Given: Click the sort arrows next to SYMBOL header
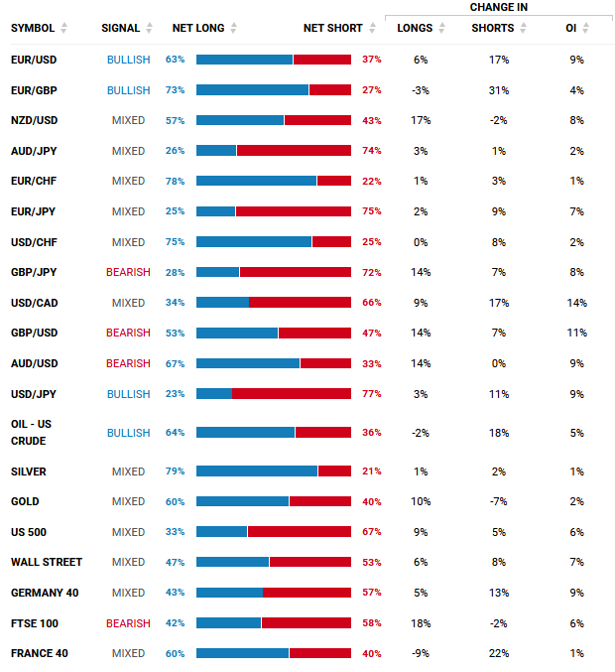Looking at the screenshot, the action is click(x=63, y=28).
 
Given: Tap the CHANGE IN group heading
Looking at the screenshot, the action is click(x=499, y=7).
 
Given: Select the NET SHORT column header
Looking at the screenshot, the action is click(x=332, y=28).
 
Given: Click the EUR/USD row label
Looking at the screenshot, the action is click(x=34, y=60).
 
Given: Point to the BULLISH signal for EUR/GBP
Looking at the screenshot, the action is click(x=129, y=90).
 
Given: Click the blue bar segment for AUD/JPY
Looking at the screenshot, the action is click(x=216, y=151).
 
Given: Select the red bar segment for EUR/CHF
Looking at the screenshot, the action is click(x=334, y=181).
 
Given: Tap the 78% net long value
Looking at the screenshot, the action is click(x=176, y=182).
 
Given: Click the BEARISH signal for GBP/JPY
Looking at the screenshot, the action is click(x=128, y=272).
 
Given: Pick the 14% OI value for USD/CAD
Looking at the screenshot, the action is click(x=577, y=303).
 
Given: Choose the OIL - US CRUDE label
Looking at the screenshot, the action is click(x=31, y=433).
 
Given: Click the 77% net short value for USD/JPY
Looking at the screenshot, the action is click(x=372, y=394).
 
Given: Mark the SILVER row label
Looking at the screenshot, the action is click(x=28, y=471).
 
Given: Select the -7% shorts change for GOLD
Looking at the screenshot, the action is click(x=499, y=501).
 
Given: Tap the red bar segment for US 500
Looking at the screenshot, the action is click(x=300, y=532).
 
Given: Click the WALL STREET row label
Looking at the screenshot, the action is click(x=47, y=562).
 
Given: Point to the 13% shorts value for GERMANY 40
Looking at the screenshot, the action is click(x=499, y=593).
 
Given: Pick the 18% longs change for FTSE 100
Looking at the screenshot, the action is click(x=421, y=623).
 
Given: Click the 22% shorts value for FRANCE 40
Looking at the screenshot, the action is click(x=499, y=653).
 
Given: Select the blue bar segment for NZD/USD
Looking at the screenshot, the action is click(x=240, y=120).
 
